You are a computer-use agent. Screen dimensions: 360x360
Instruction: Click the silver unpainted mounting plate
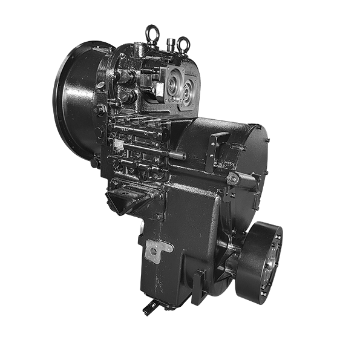158,250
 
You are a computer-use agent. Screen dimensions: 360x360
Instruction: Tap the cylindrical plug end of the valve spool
177,155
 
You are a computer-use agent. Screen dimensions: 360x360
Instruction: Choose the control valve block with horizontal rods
136,145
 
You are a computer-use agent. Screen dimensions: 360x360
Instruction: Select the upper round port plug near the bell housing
125,77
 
